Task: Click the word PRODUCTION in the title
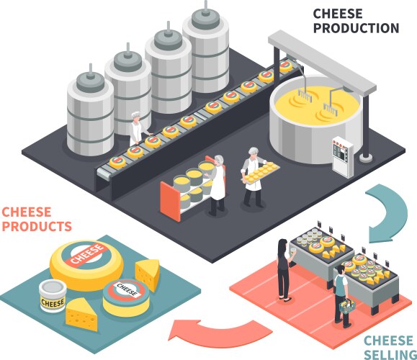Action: (355, 28)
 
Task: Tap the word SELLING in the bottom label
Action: (387, 352)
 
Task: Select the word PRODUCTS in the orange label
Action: (37, 226)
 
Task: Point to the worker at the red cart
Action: (217, 183)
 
